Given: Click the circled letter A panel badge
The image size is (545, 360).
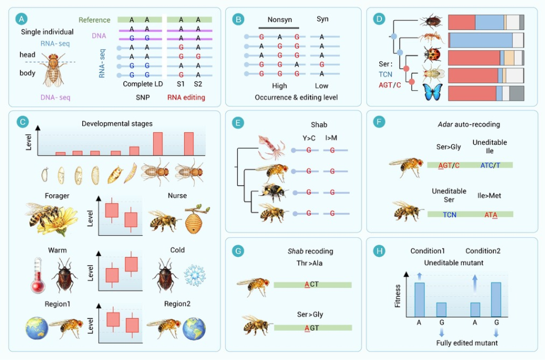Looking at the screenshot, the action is (22, 19).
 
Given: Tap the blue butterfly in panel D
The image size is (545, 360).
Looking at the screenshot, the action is (433, 92).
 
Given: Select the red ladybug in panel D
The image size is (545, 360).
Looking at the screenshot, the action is (433, 55).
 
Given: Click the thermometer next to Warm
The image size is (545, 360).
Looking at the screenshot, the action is (37, 275).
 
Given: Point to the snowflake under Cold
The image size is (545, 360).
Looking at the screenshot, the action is (194, 275).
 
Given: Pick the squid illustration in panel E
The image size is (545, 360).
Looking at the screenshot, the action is (271, 147).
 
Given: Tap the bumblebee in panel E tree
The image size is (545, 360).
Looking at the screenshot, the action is (275, 192).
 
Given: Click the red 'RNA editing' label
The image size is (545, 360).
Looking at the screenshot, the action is (186, 98).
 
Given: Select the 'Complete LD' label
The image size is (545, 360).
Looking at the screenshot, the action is (143, 84).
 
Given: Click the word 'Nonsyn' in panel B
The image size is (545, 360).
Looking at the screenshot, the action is (279, 20).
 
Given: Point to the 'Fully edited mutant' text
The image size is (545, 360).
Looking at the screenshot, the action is (467, 343).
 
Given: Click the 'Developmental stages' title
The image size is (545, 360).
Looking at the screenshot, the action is (117, 124).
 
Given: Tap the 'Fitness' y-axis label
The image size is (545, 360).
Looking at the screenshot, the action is (397, 296).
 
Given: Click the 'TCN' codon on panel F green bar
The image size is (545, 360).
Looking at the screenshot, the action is (450, 215).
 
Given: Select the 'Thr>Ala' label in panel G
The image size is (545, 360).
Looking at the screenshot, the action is (309, 263).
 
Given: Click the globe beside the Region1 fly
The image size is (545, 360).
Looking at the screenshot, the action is (37, 328).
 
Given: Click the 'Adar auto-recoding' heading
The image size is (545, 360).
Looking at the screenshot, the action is (469, 124).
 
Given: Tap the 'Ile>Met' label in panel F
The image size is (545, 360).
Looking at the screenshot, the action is (489, 196).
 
